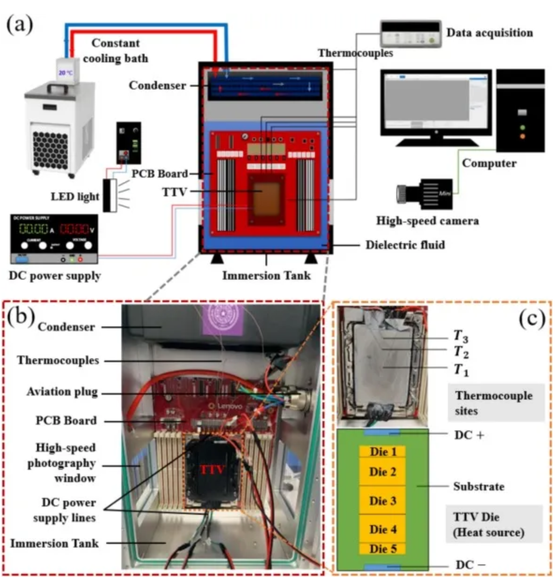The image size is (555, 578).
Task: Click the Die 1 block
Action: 382,452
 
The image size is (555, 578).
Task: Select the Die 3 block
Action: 382,501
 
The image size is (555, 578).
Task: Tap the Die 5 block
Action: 382,548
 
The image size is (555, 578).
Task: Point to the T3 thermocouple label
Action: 461,336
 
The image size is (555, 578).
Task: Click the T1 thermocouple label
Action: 461,370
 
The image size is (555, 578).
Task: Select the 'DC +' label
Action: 469,435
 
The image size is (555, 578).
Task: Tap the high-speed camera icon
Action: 425,193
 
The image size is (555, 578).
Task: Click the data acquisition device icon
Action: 411,34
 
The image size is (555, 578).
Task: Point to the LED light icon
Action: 110,195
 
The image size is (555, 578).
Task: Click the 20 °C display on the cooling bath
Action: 66,73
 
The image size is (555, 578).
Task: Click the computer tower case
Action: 520,111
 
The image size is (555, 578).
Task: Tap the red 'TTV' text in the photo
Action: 212,469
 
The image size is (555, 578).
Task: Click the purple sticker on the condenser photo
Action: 223,319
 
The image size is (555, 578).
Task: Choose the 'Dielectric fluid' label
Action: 405,245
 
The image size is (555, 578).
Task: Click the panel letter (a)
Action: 19,23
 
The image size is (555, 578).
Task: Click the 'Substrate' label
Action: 478,487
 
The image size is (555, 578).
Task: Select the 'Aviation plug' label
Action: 62,392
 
